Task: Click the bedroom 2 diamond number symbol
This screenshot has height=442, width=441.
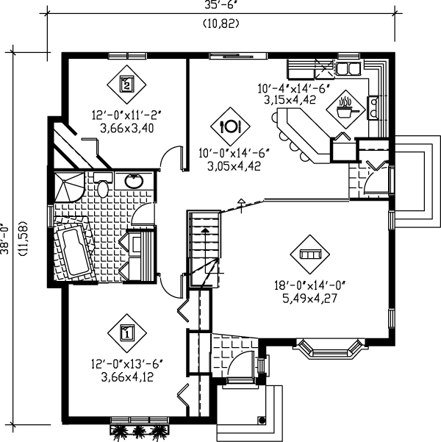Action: (x=126, y=84)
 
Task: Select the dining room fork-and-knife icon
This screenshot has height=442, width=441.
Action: (x=231, y=125)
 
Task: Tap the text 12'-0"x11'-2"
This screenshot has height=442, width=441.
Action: (x=126, y=115)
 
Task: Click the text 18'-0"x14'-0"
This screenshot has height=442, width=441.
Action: (x=312, y=286)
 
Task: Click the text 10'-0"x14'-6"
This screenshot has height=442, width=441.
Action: (x=229, y=153)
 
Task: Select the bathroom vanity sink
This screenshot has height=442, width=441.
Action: (x=135, y=180)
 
